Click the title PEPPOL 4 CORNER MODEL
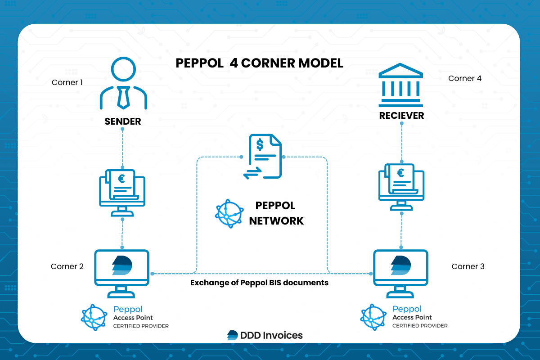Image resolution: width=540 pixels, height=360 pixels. coord(259,63)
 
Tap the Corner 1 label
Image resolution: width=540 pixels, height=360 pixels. coord(67,82)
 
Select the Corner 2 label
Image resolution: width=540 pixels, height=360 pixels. coord(67,266)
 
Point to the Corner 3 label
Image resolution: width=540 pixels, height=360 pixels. coord(468,266)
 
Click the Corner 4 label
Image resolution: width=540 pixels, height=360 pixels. coord(465,78)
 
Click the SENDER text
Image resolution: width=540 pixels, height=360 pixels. coord(123,121)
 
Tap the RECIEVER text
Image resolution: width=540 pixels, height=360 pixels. coord(401,116)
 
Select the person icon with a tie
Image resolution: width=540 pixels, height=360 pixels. coord(123,85)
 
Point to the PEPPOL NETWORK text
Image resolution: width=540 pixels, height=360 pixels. coord(276,213)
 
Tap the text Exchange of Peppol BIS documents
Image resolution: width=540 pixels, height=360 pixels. coord(259,283)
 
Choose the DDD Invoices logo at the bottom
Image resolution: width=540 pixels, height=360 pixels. coord(265,335)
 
